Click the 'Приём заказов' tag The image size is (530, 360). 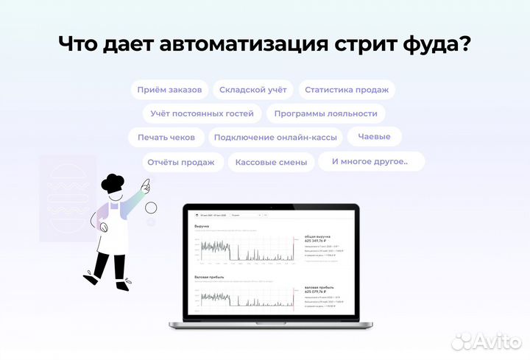pos(170,90)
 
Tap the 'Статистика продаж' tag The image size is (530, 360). pos(346,90)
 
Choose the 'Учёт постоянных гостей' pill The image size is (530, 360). pos(202,113)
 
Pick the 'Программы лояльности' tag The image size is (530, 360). pos(325,113)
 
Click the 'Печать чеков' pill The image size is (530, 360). pos(166,138)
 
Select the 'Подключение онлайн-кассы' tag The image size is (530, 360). pos(275,138)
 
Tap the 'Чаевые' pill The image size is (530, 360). pos(374,136)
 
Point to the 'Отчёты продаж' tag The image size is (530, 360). pos(181,162)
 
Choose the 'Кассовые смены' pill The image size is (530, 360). pos(272,162)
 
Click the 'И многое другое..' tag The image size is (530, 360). pos(370,161)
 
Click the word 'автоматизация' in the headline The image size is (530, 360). pos(258,43)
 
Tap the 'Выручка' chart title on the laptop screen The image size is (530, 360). pos(201,226)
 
